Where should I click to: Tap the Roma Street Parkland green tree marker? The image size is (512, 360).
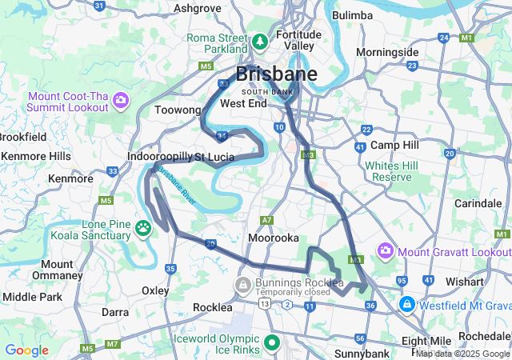pyautogui.click(x=260, y=41)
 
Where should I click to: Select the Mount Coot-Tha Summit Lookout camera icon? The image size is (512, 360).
pyautogui.click(x=121, y=100)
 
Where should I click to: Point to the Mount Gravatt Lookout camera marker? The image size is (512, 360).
pyautogui.click(x=386, y=251)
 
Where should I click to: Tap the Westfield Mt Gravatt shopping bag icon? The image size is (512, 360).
pyautogui.click(x=407, y=304)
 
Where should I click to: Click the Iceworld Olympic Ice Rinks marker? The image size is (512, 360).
pyautogui.click(x=272, y=343)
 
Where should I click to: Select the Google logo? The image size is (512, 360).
pyautogui.click(x=26, y=350)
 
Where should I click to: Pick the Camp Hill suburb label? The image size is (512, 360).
pyautogui.click(x=394, y=145)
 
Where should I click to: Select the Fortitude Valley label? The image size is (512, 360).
pyautogui.click(x=298, y=40)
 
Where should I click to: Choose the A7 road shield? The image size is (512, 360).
pyautogui.click(x=266, y=220)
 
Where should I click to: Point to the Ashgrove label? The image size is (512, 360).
pyautogui.click(x=198, y=8)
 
